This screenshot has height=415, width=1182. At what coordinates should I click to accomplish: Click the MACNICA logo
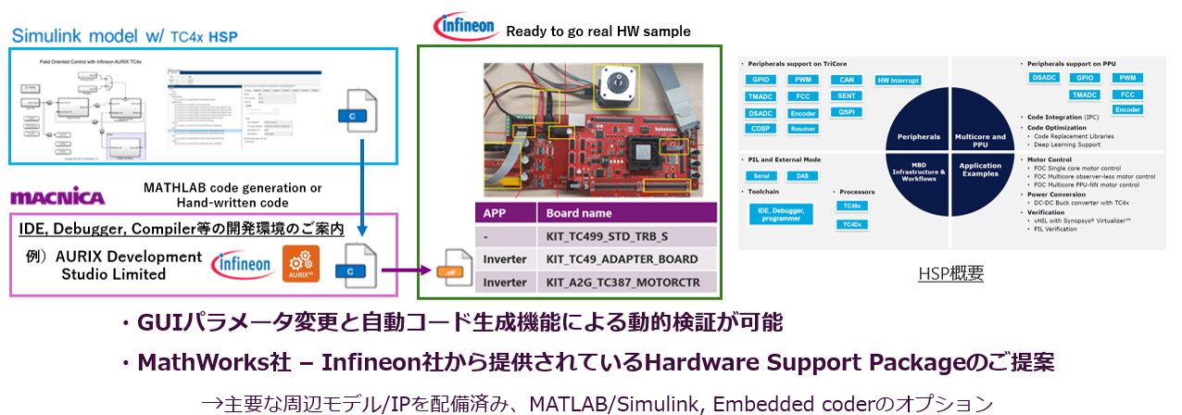point(57,196)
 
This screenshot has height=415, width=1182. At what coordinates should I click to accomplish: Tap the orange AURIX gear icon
point(301,264)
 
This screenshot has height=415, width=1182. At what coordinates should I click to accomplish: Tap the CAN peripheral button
point(845,80)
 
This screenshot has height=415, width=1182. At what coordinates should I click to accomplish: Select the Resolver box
point(801,129)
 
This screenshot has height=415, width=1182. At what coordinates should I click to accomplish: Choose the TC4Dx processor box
point(850,224)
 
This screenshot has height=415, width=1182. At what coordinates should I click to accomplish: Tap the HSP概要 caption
point(951,273)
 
